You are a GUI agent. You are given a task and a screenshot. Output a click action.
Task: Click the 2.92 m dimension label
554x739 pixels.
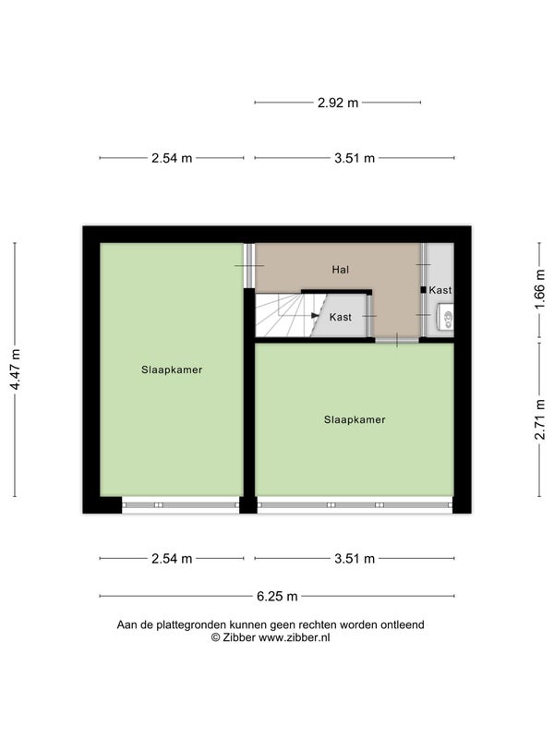(x=338, y=103)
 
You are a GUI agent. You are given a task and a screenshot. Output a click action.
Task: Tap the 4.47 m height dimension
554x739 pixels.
(x=15, y=370)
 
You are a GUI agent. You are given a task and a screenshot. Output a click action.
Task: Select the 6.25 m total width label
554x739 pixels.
(x=277, y=597)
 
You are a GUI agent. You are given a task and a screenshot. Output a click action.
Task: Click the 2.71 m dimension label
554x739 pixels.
(x=540, y=419)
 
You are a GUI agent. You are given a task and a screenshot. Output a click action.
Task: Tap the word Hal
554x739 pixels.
(x=341, y=270)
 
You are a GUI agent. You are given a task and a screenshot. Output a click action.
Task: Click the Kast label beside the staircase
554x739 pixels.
(x=341, y=317)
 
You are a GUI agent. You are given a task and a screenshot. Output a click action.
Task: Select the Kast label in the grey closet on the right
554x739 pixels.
(x=440, y=290)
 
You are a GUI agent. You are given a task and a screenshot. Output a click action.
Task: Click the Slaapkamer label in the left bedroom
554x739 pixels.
(x=172, y=370)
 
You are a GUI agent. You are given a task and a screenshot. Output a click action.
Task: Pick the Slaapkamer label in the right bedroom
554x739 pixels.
(x=355, y=420)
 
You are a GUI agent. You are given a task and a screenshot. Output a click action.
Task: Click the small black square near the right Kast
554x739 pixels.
(x=424, y=290)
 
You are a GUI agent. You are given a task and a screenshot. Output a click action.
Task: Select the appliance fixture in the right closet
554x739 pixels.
(x=446, y=317)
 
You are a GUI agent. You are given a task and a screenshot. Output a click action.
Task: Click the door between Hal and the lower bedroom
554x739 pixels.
(x=397, y=340)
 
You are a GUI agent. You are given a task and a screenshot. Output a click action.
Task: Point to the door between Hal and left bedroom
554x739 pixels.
(x=249, y=266)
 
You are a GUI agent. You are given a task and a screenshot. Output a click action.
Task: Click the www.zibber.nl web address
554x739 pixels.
(x=294, y=637)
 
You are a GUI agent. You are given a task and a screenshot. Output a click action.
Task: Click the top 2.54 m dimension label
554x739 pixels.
(x=172, y=158)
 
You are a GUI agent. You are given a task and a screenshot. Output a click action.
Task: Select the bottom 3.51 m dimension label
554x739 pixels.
(x=355, y=559)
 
